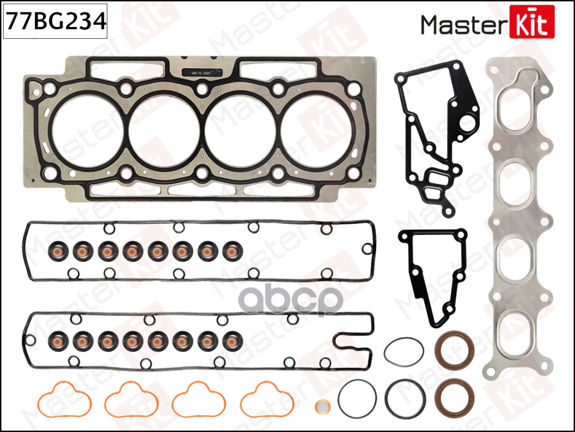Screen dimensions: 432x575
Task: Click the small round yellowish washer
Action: [x=322, y=406]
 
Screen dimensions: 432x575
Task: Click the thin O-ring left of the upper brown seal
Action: [x=403, y=352]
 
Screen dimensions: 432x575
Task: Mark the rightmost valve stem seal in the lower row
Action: [x=233, y=340]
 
